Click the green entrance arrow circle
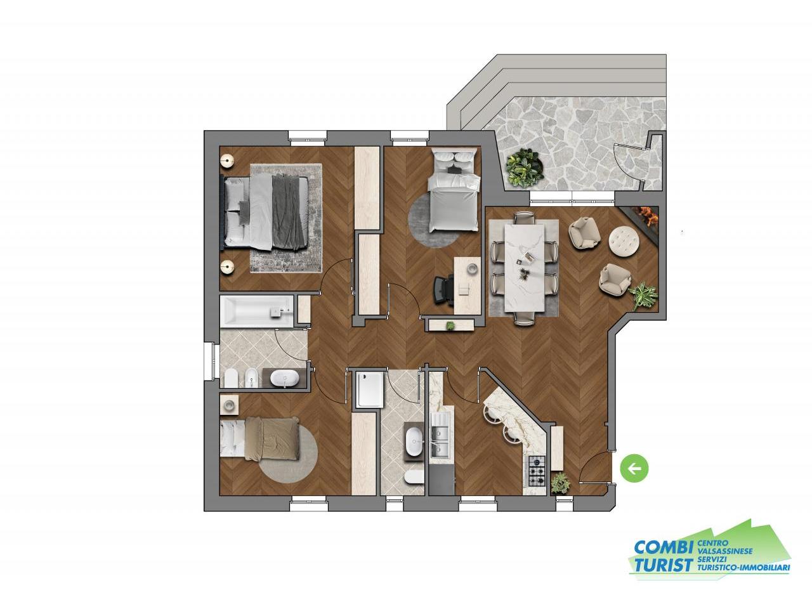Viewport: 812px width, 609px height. coord(634,469)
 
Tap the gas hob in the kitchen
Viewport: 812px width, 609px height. coord(537,471)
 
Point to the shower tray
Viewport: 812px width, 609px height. coord(369,390)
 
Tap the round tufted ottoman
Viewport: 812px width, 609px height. coord(624,240)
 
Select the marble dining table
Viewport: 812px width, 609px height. coord(524,268)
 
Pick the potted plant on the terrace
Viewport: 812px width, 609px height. coord(525,167)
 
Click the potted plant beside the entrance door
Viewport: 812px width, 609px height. coord(561,483)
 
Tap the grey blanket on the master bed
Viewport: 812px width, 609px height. coord(288,212)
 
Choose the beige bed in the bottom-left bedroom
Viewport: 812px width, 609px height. coord(259,439)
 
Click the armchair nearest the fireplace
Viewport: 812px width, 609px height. coord(584,232)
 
